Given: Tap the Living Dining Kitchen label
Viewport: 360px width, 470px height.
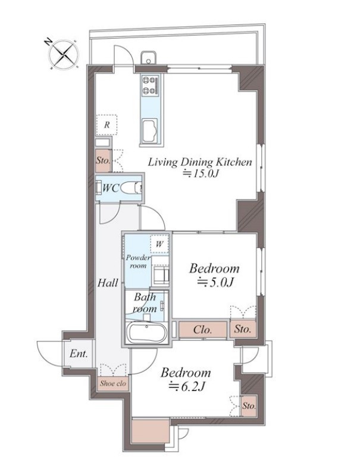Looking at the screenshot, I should [x=200, y=162].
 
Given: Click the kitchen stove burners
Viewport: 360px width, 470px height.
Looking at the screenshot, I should [x=149, y=86].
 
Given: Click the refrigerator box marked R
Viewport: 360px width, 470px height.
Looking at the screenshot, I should [x=107, y=125].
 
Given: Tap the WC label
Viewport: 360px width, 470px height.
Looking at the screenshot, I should [x=111, y=188].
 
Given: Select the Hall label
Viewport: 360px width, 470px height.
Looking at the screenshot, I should [x=107, y=283].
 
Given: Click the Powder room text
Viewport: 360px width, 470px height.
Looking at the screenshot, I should [x=137, y=262].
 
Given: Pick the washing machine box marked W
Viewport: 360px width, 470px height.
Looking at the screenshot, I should [x=159, y=244].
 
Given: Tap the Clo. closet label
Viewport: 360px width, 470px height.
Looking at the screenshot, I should [x=203, y=329].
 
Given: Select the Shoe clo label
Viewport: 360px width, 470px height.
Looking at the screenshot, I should [x=113, y=384].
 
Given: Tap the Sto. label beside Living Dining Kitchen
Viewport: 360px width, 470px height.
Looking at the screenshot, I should [x=102, y=160].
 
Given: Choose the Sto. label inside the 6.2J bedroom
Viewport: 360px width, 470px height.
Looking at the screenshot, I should [x=249, y=406].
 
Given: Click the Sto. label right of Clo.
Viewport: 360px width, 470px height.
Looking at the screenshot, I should [x=242, y=329].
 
